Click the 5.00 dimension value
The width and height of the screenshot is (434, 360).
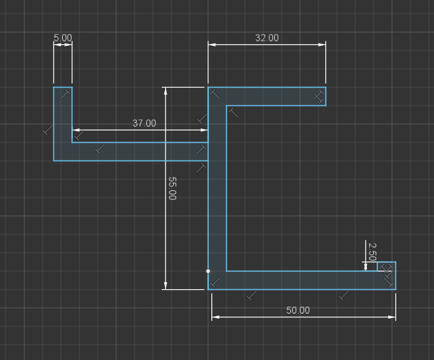pos(63,38)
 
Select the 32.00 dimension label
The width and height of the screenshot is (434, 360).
pos(267,38)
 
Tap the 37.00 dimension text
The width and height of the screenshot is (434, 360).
pos(144,123)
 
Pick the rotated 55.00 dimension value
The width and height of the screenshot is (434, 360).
pos(172,188)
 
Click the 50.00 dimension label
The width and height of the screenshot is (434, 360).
pos(298,310)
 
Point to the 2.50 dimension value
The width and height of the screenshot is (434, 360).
pos(373,251)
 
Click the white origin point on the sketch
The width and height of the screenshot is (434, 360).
pos(208,271)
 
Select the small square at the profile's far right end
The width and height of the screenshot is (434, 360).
pos(387,267)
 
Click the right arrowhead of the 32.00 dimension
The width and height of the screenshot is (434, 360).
pos(322,45)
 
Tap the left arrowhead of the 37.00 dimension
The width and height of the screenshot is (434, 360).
pos(76,130)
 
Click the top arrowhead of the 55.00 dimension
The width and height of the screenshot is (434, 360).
pos(166,91)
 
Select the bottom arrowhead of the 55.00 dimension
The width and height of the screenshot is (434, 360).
pos(166,286)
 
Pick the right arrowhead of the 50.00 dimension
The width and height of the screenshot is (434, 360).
pos(392,317)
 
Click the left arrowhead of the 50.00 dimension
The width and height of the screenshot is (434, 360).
pos(215,317)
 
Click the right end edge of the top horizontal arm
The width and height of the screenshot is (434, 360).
pos(326,97)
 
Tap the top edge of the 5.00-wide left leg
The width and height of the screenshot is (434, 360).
pos(63,87)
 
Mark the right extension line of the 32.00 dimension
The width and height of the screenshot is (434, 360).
pos(325,62)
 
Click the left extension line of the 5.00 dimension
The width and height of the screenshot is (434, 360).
pos(54,62)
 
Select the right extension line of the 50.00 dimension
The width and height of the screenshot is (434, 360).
pos(396,307)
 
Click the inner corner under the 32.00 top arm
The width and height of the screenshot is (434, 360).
pos(226,105)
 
